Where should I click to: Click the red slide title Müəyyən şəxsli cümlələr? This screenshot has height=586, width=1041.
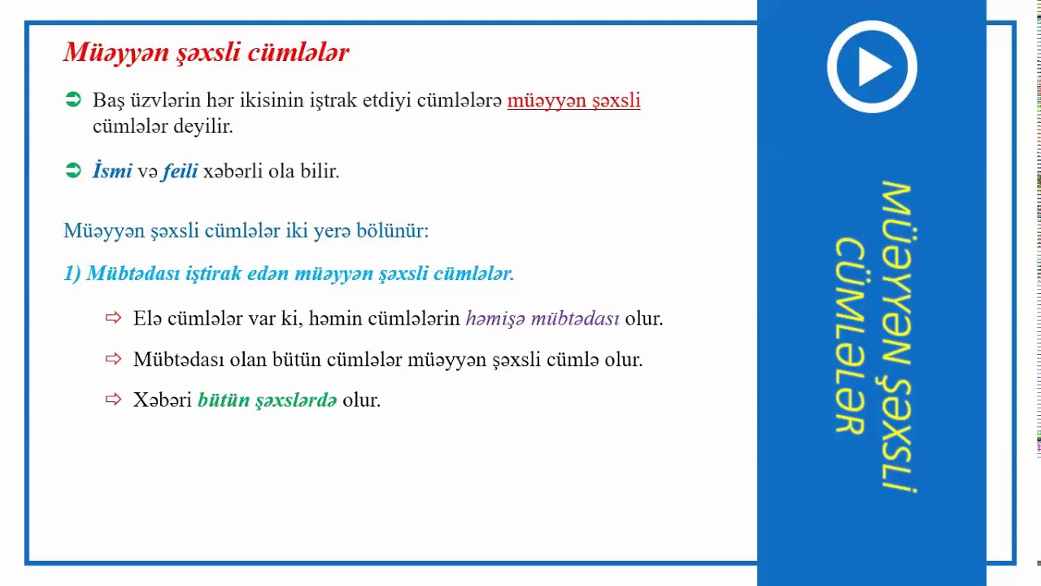pyautogui.click(x=207, y=53)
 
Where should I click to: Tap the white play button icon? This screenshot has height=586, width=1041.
pyautogui.click(x=872, y=67)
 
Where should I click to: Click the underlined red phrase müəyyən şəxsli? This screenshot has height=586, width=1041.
pyautogui.click(x=573, y=101)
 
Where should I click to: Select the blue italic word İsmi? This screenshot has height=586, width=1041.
pyautogui.click(x=112, y=171)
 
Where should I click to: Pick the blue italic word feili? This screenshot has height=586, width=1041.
pyautogui.click(x=180, y=171)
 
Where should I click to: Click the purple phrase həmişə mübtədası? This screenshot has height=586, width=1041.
pyautogui.click(x=542, y=318)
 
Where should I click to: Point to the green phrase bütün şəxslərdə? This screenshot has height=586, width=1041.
pyautogui.click(x=267, y=400)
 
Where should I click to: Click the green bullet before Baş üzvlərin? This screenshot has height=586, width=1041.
pyautogui.click(x=73, y=100)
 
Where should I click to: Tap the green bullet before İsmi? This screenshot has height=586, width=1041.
pyautogui.click(x=73, y=170)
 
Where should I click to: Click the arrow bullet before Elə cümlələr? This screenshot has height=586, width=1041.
pyautogui.click(x=113, y=317)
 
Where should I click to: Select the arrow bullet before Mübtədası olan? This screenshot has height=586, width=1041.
pyautogui.click(x=113, y=358)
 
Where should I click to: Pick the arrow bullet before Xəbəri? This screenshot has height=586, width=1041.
pyautogui.click(x=113, y=399)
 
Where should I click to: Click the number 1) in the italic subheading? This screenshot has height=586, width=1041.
pyautogui.click(x=72, y=273)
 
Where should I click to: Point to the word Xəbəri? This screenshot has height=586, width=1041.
pyautogui.click(x=162, y=400)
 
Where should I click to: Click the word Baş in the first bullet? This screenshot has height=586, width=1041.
pyautogui.click(x=107, y=101)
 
